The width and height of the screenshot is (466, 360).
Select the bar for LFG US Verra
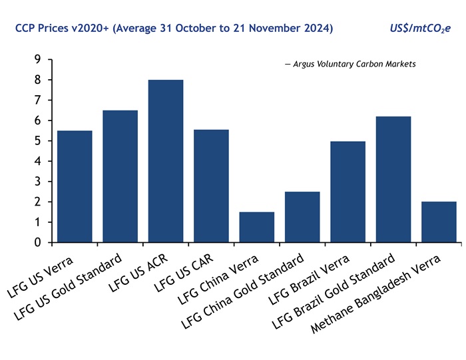75,186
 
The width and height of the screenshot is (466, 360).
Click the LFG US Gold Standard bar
120,176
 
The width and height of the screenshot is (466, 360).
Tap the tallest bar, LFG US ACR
166,161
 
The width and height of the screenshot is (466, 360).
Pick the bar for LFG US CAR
211,186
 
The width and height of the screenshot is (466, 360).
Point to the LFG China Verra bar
256,227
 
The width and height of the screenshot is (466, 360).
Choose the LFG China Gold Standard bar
302,217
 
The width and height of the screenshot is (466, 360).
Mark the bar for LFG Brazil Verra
348,192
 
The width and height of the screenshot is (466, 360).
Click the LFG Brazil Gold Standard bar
393,179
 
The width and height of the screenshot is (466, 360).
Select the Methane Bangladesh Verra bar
439,222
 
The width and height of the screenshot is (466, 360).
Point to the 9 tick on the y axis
37,60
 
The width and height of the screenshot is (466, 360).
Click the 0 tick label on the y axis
37,243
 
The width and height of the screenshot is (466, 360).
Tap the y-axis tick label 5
37,141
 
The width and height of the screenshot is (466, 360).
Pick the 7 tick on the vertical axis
37,100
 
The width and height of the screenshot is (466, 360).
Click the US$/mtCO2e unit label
419,29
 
